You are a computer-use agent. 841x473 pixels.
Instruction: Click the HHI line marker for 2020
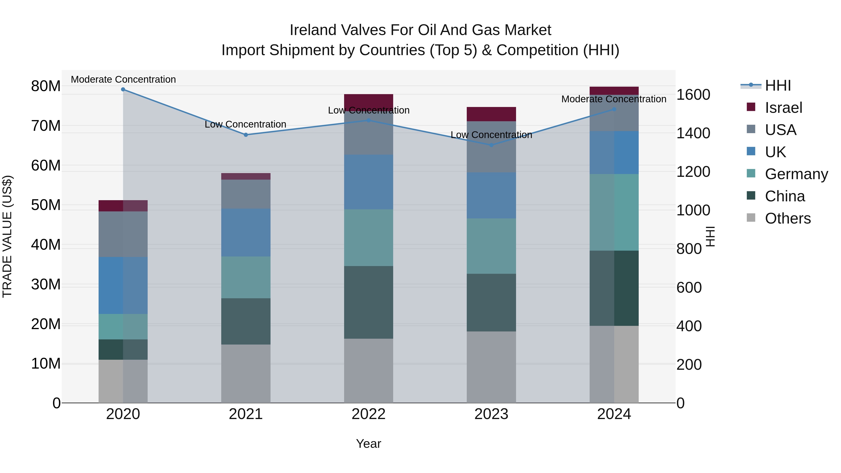123,89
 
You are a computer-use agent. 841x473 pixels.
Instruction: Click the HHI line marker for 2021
246,135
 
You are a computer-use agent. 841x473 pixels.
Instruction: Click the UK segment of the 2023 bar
491,195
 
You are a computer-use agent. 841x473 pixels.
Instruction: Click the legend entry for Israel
783,108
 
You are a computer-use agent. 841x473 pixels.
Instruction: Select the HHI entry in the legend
778,85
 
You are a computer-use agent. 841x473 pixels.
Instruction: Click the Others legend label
788,218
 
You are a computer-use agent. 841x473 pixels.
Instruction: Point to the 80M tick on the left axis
46,86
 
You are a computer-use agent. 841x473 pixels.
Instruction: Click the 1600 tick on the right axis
693,95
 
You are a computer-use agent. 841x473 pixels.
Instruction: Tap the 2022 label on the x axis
369,414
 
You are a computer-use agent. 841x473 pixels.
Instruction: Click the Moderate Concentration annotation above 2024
614,99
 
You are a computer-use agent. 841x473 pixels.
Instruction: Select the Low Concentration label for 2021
246,124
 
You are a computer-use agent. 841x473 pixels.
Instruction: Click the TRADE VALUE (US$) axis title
7,236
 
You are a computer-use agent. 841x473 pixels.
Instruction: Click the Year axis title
369,444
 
